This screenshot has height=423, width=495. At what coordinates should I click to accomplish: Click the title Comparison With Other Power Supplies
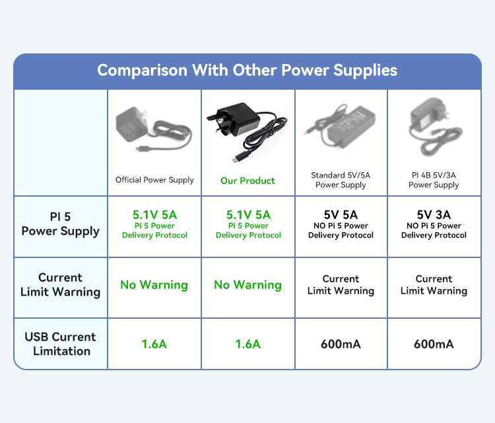coord(247,71)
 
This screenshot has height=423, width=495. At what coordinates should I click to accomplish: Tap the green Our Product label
coord(247,181)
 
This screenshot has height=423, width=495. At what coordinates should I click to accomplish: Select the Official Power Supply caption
coord(154,180)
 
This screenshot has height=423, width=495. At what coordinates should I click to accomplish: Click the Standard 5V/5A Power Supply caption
coord(341,180)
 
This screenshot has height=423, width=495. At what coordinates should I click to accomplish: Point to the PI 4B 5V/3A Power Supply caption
coord(434,180)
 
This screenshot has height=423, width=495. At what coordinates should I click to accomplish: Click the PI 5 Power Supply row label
coord(60,224)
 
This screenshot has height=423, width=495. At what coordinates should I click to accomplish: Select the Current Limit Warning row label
coord(60,284)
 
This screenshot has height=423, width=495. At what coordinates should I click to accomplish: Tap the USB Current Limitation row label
coord(60,344)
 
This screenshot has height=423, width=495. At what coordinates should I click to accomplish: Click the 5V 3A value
coord(434,215)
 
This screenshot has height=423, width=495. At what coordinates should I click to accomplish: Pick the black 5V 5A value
coord(341,215)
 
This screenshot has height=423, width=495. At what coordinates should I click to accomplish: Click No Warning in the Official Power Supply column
coord(154,284)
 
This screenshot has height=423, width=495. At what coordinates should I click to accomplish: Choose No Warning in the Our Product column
coord(247,284)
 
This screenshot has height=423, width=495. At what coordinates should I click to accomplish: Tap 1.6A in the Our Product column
coord(247,344)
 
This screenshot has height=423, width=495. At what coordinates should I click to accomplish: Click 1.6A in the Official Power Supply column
coord(154,344)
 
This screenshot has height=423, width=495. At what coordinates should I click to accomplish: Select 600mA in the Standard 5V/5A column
coord(341,344)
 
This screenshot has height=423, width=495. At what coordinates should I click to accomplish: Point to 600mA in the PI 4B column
coord(434,344)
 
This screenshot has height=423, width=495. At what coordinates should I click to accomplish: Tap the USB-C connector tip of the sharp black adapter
coord(235,160)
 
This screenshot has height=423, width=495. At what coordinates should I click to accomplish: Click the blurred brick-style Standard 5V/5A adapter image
coord(339,126)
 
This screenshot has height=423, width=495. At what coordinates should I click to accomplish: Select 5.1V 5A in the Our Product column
coord(248,215)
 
